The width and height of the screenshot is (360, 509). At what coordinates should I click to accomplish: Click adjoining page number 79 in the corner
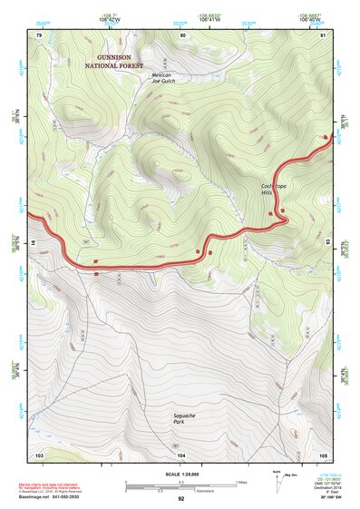pyautogui.click(x=39, y=34)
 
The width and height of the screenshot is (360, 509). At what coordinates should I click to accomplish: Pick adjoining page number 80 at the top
pyautogui.click(x=183, y=34)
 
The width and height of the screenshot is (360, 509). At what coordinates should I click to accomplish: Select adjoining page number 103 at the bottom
pyautogui.click(x=39, y=454)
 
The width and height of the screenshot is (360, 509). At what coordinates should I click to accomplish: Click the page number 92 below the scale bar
pyautogui.click(x=180, y=499)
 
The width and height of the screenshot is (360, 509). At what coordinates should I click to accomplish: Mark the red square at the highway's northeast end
pyautogui.click(x=326, y=137)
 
